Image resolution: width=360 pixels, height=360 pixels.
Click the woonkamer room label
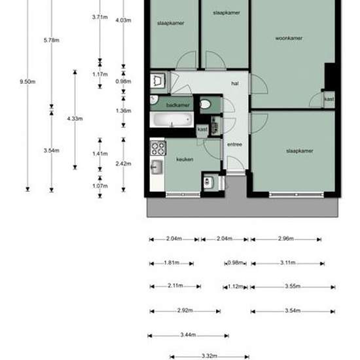(x=288, y=38)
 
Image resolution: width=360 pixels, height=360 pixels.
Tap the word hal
(x=234, y=84)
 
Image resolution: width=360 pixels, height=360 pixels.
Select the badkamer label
(x=178, y=105)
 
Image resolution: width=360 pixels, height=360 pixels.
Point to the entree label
(x=234, y=145)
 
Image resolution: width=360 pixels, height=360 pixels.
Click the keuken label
(x=185, y=159)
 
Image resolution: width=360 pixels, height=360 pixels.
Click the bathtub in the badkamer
(x=171, y=120)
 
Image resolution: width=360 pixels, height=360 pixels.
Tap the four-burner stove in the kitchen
(x=157, y=147)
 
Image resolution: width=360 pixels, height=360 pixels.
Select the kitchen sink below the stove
(x=156, y=168)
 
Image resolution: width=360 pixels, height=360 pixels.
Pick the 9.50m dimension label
(x=27, y=81)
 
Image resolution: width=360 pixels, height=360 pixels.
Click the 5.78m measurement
(x=52, y=41)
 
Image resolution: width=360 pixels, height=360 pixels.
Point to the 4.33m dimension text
(x=75, y=118)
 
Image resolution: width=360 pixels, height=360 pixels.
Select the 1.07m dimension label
(x=99, y=186)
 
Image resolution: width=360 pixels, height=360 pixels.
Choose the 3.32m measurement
(x=209, y=356)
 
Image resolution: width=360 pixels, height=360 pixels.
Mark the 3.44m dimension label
(x=189, y=334)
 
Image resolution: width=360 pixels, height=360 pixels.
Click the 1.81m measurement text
(x=171, y=263)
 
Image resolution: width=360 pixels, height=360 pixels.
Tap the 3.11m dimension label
(x=287, y=263)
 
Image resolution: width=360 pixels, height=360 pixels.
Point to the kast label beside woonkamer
(x=329, y=99)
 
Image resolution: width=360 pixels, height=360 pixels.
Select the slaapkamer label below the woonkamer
(x=300, y=151)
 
